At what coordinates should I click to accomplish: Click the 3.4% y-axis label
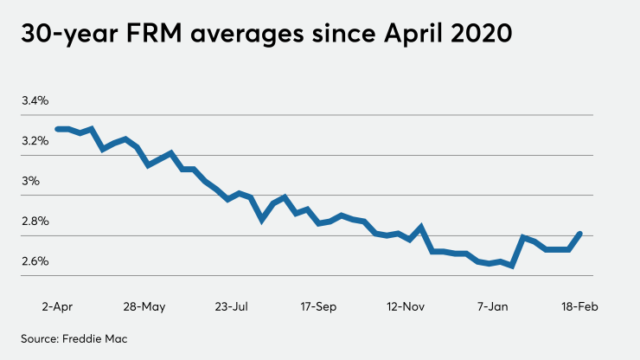pos(35,101)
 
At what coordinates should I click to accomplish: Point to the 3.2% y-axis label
pos(35,141)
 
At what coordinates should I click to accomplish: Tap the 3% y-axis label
pos(31,182)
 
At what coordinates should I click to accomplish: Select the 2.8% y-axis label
pos(35,222)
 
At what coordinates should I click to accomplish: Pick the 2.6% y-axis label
pos(35,261)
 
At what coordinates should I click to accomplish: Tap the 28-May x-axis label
pos(144,307)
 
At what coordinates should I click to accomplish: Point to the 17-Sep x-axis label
pos(318,307)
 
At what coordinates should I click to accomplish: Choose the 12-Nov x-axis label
pos(406,307)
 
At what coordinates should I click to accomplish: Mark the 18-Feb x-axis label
pos(578,307)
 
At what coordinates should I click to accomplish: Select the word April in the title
pos(407,37)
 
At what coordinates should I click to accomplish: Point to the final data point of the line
pos(579,234)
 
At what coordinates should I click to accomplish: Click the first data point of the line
pos(57,129)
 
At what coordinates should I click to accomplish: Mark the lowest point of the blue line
pos(513,266)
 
